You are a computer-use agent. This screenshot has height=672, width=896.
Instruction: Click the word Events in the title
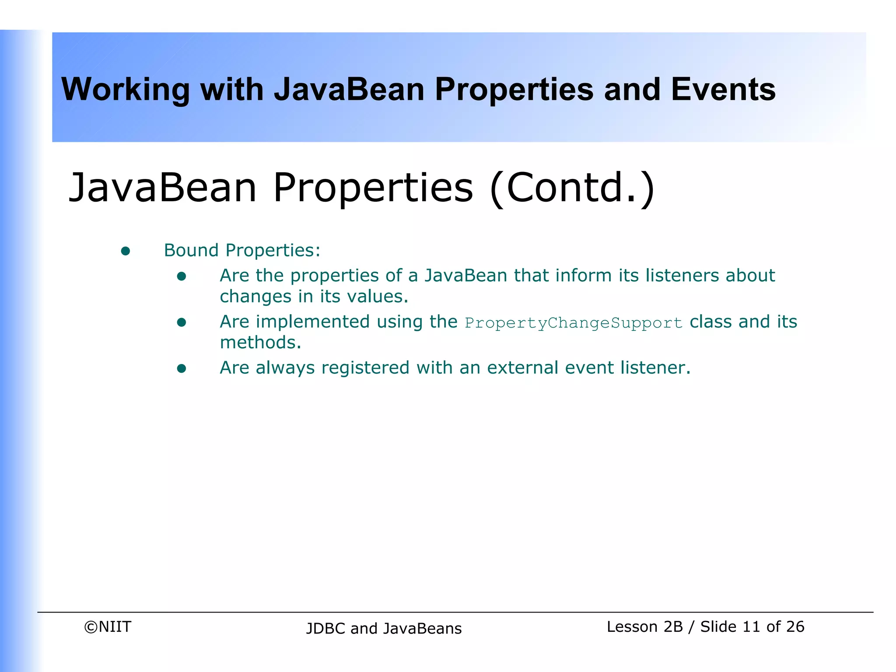coord(723,90)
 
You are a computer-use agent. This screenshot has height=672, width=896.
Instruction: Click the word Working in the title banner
coord(125,90)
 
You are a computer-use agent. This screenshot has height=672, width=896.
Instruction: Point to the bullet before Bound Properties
coord(126,251)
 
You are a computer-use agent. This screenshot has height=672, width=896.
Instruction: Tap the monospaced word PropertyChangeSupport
coord(573,323)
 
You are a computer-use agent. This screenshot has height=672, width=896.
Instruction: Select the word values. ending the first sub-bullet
coord(378,297)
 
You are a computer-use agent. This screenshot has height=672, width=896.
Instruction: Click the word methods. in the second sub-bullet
coord(260,343)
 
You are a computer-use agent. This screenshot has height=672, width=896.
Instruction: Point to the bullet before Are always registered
coord(182,369)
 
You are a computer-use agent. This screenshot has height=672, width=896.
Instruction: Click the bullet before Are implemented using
coord(182,323)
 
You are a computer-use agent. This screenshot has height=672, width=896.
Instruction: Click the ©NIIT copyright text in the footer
coord(108,627)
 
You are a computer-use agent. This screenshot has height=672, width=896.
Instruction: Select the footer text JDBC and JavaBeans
coord(384,629)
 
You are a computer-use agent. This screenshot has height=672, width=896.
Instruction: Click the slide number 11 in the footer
coord(751,627)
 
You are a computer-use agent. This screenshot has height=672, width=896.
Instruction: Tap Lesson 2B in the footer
coord(644,627)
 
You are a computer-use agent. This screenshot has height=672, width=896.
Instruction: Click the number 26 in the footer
coord(794,627)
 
